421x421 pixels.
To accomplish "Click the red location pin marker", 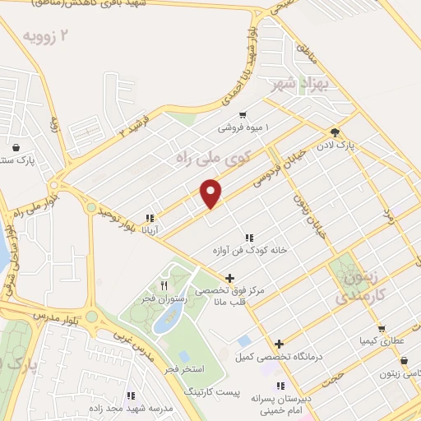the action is [211, 192].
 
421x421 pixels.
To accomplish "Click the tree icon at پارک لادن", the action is [335, 132].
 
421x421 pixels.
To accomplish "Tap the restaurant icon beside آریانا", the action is [150, 219].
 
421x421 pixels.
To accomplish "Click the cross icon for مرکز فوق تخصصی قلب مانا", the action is [229, 278].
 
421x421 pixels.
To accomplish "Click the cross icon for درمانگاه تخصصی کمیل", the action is [280, 344].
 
